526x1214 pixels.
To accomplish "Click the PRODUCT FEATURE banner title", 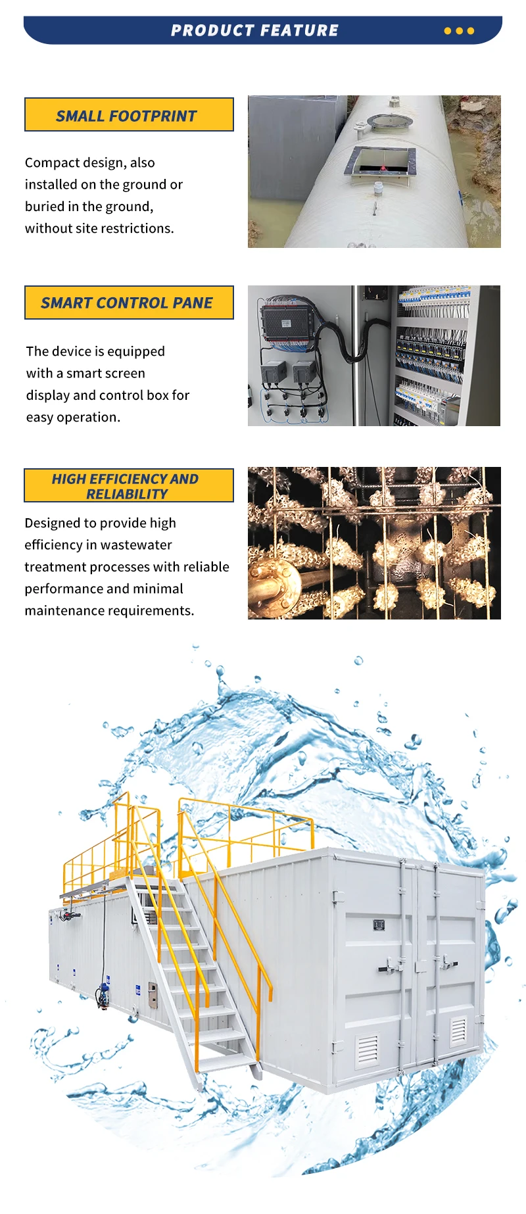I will click(x=254, y=30).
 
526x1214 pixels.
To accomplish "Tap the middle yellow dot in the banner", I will click(x=459, y=31).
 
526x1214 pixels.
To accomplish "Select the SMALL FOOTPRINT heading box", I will click(x=129, y=115).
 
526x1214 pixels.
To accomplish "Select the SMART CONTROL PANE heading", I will click(x=129, y=303).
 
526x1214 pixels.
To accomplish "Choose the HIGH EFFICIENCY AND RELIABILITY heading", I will click(x=129, y=486).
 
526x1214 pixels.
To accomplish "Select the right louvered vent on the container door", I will click(x=458, y=1031).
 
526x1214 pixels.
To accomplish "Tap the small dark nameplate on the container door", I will click(x=379, y=925).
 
